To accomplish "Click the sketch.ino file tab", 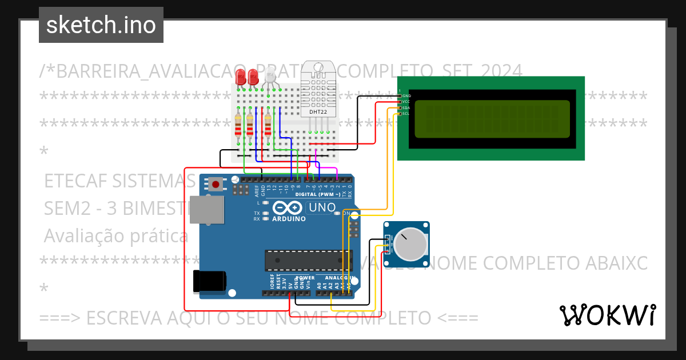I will (101, 25).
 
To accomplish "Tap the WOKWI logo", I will (607, 315).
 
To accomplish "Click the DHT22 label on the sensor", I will (318, 112).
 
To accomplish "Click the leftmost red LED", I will (241, 77).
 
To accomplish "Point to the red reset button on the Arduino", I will (216, 184).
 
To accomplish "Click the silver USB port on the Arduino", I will (207, 210).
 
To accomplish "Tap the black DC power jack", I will (210, 281).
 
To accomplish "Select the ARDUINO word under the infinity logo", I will (289, 219).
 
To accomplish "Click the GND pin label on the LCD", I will (406, 96).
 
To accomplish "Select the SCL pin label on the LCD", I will (406, 114).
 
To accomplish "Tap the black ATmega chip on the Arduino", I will (306, 260).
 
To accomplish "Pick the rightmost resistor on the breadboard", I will (268, 126).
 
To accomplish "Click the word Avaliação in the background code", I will (76, 235).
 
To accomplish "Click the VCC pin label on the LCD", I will (406, 102).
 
